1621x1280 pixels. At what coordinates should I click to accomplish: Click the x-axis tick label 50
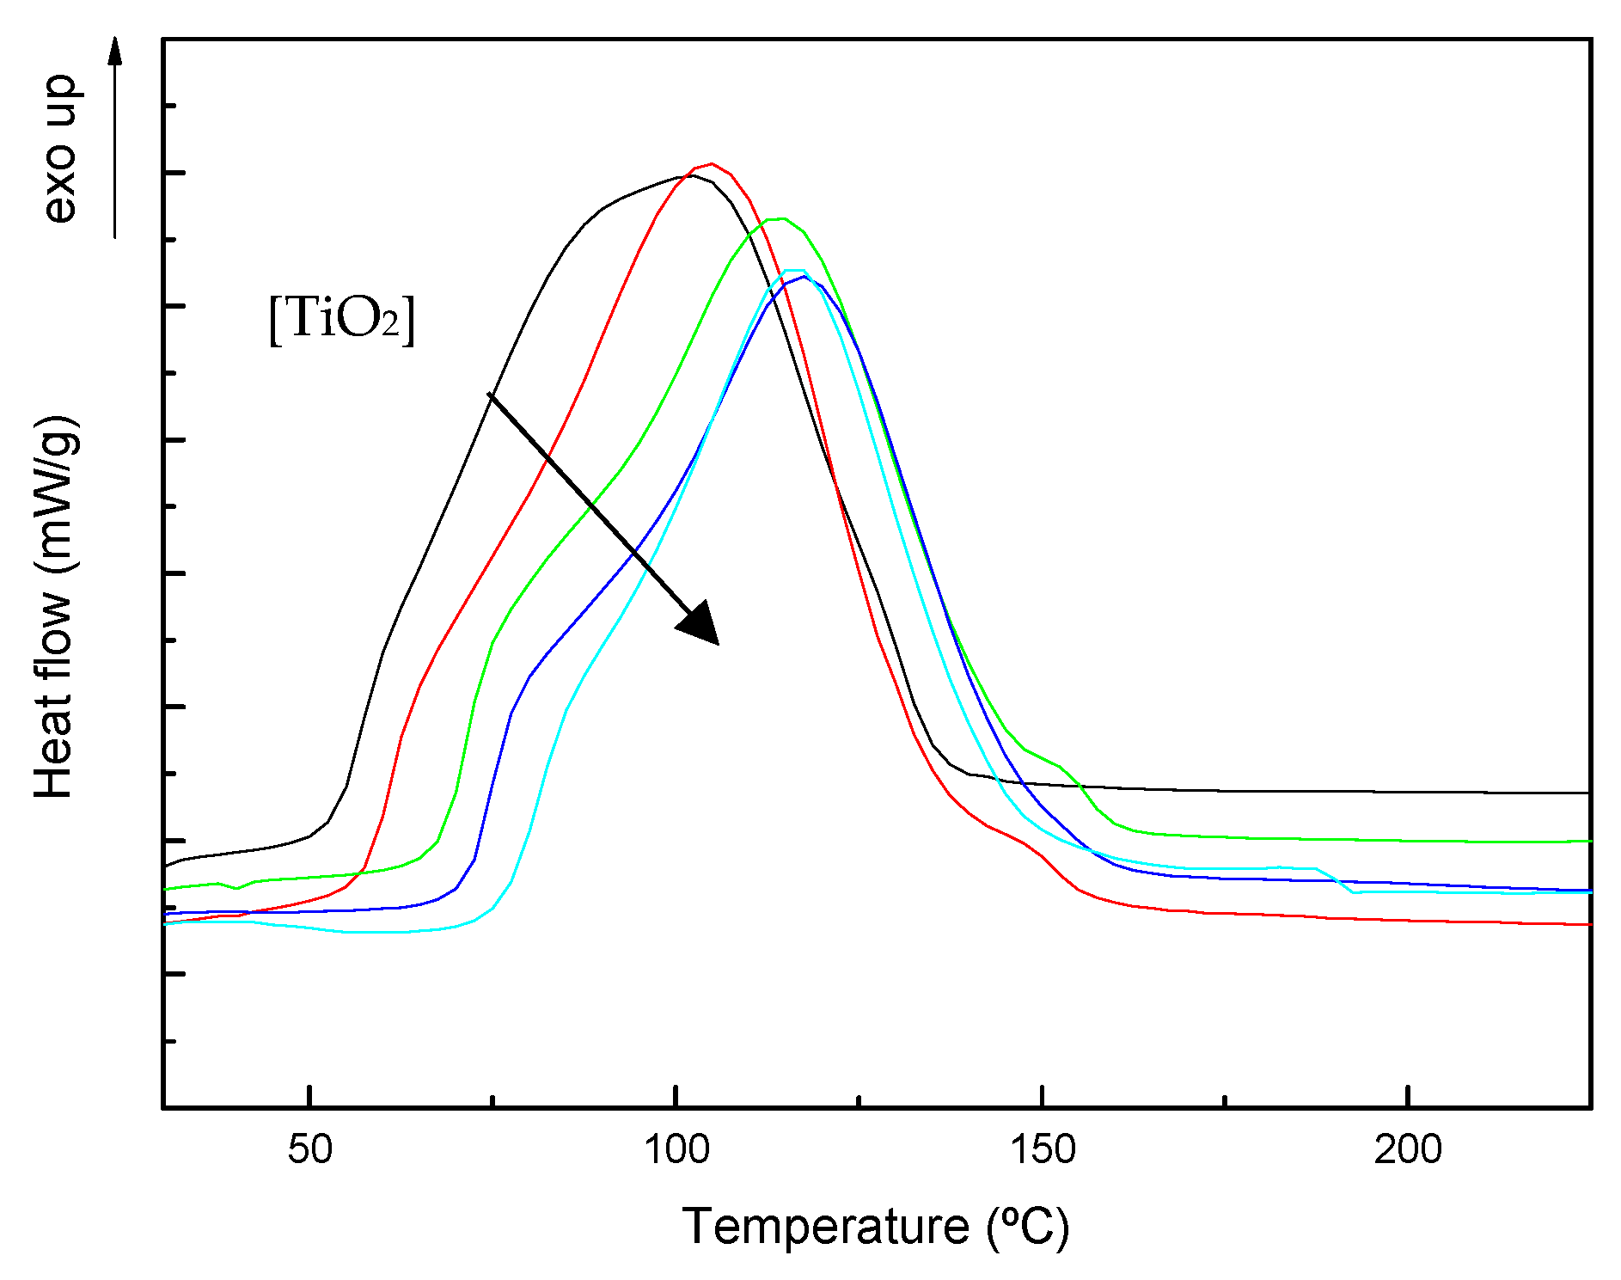(309, 1149)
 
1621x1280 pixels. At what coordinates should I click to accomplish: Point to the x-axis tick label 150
(1042, 1149)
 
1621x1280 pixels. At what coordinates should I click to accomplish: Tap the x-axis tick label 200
(1407, 1149)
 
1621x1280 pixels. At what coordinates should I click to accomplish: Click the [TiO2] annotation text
(341, 319)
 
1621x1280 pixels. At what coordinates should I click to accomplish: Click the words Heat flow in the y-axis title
(53, 693)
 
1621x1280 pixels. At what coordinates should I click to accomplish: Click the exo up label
(60, 149)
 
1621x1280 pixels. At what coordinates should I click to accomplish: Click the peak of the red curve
(711, 163)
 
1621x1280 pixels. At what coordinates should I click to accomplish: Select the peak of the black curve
(690, 175)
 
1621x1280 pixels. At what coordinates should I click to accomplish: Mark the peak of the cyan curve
(794, 270)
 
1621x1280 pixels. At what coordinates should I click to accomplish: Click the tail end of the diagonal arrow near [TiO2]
(490, 395)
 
